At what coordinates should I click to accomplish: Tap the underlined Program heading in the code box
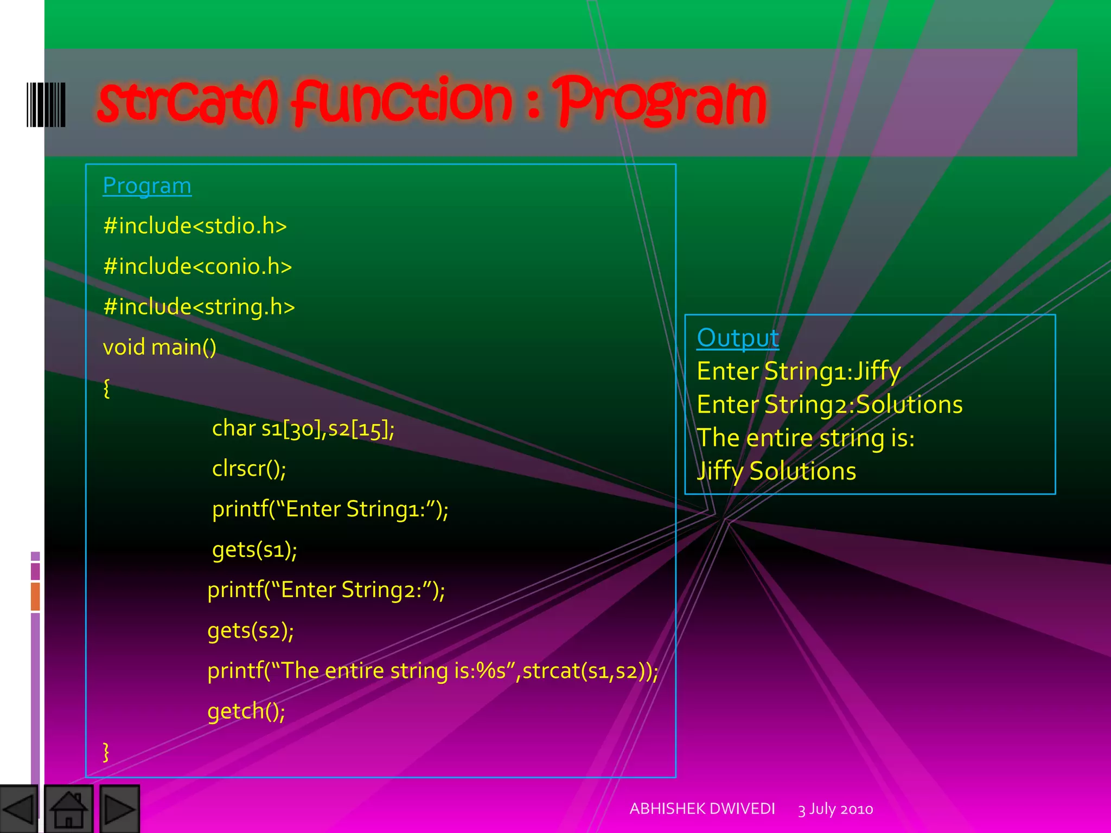coord(147,186)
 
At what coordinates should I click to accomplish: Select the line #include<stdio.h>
coord(195,226)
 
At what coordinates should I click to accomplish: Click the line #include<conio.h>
coord(197,267)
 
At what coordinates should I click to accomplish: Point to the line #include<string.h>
coord(199,307)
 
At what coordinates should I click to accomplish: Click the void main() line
coord(159,348)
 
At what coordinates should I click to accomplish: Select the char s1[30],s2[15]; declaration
coord(303,429)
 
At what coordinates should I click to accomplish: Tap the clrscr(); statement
coord(248,469)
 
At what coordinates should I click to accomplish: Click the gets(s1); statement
coord(254,550)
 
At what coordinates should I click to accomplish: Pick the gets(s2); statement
coord(250,631)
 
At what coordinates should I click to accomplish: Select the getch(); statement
coord(246,712)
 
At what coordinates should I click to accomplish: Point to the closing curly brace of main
coord(106,752)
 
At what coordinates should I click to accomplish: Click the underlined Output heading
coord(737,338)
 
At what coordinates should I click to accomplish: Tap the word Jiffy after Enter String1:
coord(877,372)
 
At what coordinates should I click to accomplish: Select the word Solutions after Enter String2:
coord(909,405)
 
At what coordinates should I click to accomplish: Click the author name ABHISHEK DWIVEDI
coord(702,809)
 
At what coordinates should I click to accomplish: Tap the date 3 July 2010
coord(835,809)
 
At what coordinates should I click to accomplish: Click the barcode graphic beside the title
coord(46,105)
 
